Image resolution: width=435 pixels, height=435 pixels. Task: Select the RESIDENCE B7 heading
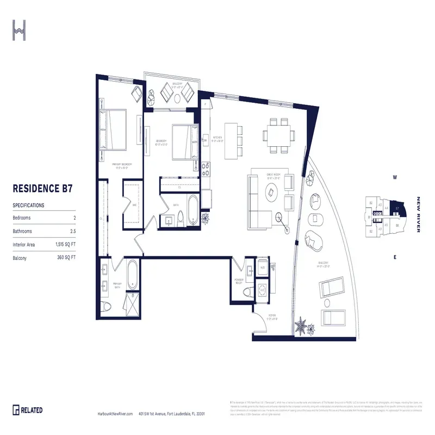click(42, 189)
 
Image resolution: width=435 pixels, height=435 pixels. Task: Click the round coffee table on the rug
click(271, 191)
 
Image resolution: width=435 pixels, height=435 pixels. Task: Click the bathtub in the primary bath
click(133, 275)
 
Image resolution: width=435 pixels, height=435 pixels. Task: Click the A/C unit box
click(262, 289)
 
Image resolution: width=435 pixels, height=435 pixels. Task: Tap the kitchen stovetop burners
click(206, 170)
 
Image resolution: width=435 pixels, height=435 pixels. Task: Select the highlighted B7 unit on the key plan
click(397, 208)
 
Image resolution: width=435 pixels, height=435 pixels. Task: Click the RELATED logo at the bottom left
click(28, 409)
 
